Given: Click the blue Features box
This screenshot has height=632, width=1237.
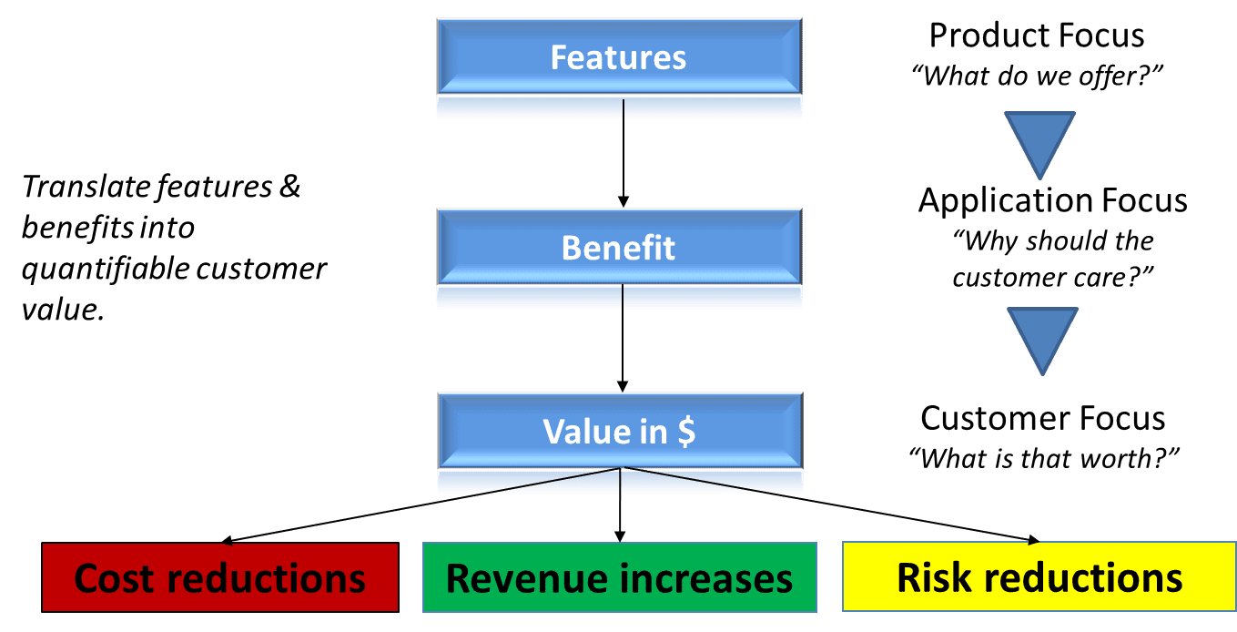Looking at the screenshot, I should (x=619, y=58).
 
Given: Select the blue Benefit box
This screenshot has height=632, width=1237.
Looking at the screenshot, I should (x=619, y=249).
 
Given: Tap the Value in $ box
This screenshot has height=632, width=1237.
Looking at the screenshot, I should (x=619, y=432).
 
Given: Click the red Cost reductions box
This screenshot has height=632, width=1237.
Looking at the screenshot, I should (x=220, y=577).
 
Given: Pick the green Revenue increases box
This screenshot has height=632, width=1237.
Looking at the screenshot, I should (x=619, y=578).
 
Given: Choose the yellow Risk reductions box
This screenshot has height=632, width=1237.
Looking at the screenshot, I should (x=1039, y=577).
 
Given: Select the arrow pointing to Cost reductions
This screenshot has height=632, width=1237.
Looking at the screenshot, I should (x=419, y=505).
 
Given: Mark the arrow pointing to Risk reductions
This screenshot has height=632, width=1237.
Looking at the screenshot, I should (x=828, y=505).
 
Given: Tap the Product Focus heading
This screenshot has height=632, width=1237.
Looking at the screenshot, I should (x=1037, y=36).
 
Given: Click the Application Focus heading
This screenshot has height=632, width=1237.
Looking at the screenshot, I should (x=1052, y=200).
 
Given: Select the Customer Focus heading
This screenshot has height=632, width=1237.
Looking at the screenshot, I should (x=1042, y=418).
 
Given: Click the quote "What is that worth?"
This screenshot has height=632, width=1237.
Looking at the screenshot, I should (x=1038, y=457).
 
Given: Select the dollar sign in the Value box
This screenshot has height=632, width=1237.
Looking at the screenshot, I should (x=686, y=432).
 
